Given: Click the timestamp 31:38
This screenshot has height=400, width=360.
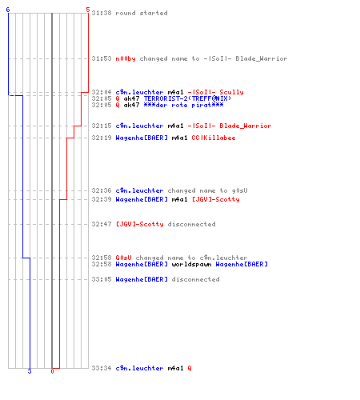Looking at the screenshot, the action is (x=102, y=13).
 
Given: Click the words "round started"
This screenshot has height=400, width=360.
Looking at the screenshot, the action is (x=142, y=13).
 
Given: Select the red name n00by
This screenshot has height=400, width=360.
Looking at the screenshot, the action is (x=126, y=58).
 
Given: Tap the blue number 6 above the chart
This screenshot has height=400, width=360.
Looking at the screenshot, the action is (x=8, y=10).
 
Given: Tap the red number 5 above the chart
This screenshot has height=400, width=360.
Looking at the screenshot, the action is (x=88, y=10).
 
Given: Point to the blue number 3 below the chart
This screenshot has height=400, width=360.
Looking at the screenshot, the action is (x=30, y=371).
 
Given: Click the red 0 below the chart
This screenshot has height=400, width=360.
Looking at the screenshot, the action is (x=52, y=371).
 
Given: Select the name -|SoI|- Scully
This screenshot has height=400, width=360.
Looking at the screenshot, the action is (x=215, y=92).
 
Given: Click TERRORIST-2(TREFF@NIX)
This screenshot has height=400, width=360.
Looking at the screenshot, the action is (x=187, y=98).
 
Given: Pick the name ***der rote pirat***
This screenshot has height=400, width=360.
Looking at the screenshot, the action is (x=183, y=105).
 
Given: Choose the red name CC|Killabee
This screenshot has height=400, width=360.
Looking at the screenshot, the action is (x=214, y=138).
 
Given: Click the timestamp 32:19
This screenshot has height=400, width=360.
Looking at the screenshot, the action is (x=102, y=138).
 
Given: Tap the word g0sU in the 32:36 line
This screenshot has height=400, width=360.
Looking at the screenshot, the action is (x=239, y=190).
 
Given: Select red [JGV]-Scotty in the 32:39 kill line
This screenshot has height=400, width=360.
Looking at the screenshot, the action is (x=216, y=199).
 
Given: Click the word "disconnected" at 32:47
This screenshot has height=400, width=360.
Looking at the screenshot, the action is (x=191, y=224).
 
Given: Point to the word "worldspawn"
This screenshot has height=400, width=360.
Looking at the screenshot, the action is (x=191, y=264).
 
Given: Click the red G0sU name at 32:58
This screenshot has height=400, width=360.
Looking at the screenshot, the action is (x=123, y=258).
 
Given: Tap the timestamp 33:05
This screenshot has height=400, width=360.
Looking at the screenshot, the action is (x=102, y=279).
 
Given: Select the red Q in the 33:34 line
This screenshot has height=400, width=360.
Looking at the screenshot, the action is (x=190, y=368).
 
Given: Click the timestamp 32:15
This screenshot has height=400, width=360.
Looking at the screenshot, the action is (x=102, y=126).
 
